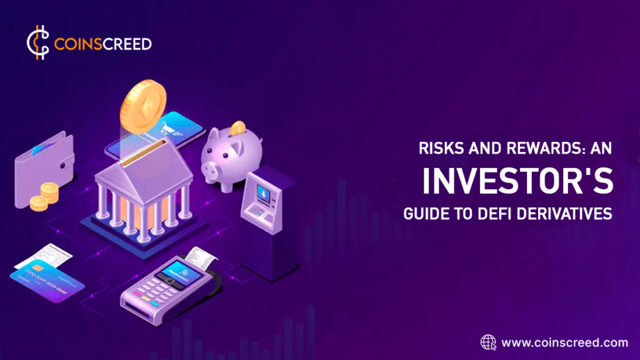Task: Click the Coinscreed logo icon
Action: pyautogui.click(x=37, y=44)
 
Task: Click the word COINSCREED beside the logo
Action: pyautogui.click(x=102, y=44)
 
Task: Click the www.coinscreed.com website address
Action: pyautogui.click(x=564, y=342)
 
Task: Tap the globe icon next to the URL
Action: pyautogui.click(x=488, y=342)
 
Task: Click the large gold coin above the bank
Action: pyautogui.click(x=144, y=104)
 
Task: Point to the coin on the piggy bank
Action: pyautogui.click(x=237, y=128)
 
